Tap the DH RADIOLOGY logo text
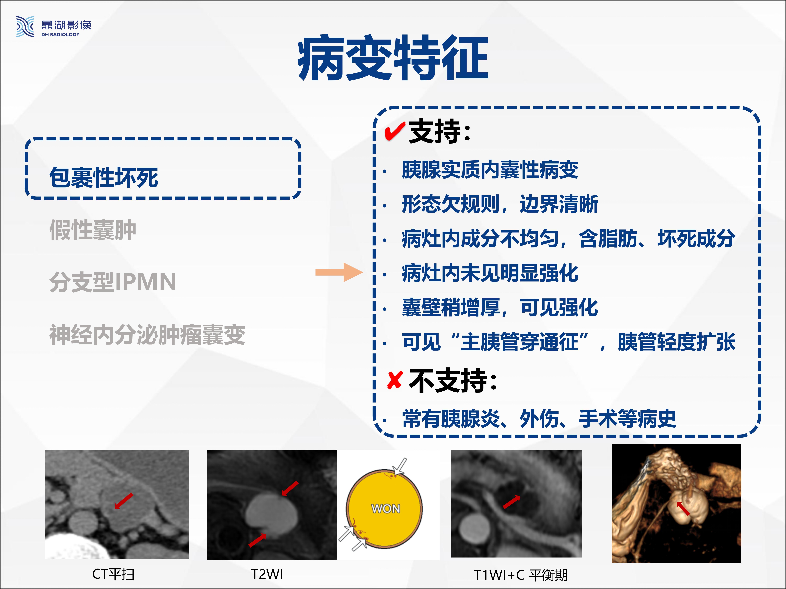[60, 34]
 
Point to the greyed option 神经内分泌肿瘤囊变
[147, 334]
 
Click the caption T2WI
[267, 574]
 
